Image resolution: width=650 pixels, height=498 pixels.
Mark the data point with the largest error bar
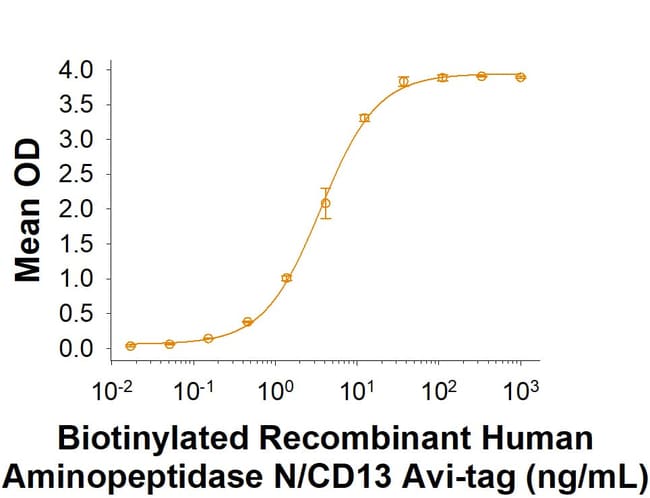[x=325, y=203]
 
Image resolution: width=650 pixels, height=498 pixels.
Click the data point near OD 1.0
[x=287, y=278]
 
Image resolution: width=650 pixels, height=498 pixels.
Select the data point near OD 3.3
[x=364, y=118]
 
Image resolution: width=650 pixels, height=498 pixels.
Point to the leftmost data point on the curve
[x=131, y=346]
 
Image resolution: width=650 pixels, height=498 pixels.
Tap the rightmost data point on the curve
[x=520, y=77]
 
